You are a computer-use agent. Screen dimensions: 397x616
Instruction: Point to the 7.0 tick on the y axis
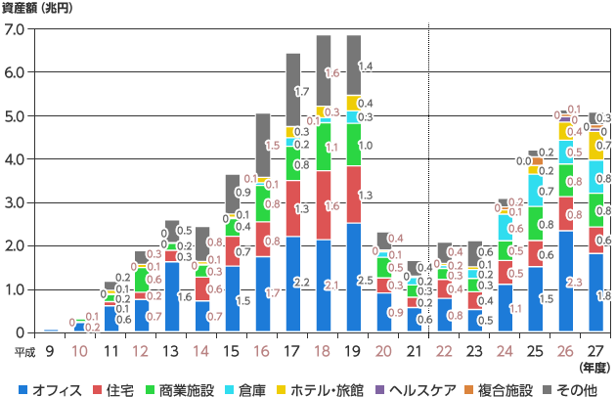(x=16, y=29)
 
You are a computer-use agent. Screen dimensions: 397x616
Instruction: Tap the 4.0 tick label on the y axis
(x=16, y=159)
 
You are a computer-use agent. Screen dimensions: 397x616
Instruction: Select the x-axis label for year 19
(x=351, y=350)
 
